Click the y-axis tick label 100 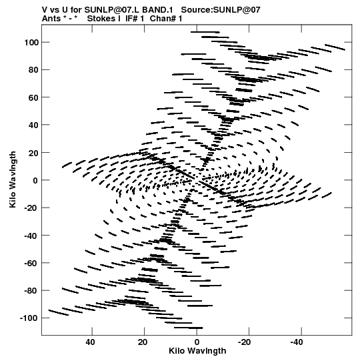tap(31, 43)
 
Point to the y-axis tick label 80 tap(33, 70)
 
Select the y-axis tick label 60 tap(33, 97)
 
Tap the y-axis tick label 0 tap(35, 180)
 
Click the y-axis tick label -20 tap(31, 208)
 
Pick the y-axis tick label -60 tap(31, 264)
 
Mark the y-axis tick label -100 tap(29, 318)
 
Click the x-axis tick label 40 tap(90, 342)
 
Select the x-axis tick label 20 tap(143, 342)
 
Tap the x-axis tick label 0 tap(197, 342)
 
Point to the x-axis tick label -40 tap(297, 342)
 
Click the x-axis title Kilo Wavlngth tap(197, 351)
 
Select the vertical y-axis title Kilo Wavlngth tap(13, 179)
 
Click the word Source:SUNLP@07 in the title tap(221, 10)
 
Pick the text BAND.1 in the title tap(157, 10)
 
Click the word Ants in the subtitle tap(51, 19)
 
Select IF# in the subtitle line tap(132, 19)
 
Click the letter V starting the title tap(45, 10)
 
